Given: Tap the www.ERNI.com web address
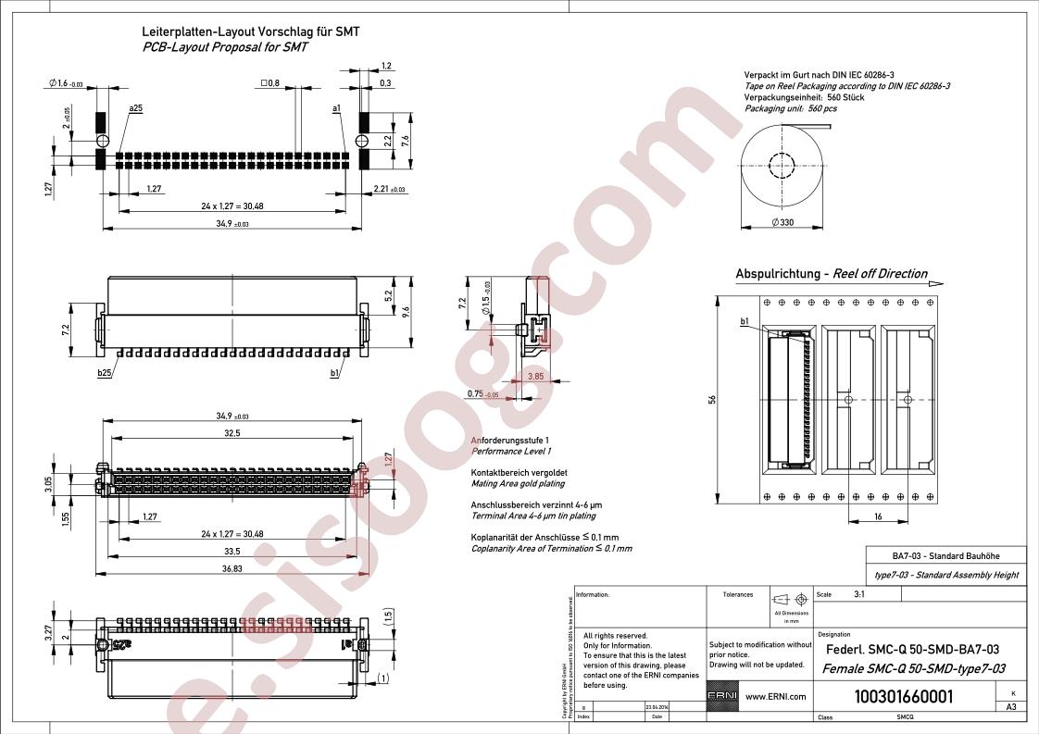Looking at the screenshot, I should point(775,696).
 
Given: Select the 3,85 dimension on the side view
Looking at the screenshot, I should point(535,376).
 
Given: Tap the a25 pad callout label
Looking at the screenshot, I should point(136,108).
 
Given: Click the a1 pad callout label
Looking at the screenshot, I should point(336,108).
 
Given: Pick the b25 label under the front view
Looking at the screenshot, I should point(104,373).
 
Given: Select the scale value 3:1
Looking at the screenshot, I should point(859,595).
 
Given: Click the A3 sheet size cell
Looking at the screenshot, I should point(1011,706).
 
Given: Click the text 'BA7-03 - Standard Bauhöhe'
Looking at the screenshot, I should point(945,556).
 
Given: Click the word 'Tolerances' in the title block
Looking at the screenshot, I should point(738,595).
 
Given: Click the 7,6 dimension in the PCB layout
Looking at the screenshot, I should point(406,139).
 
